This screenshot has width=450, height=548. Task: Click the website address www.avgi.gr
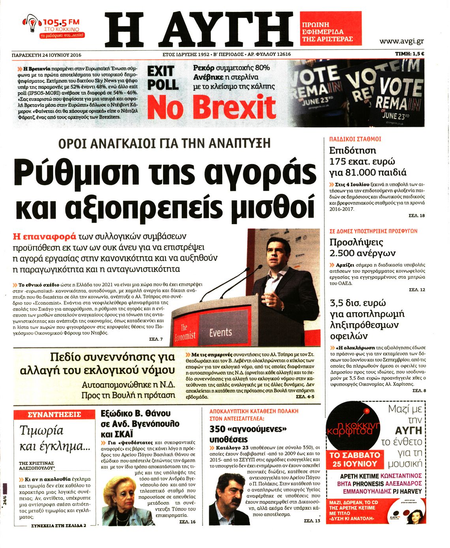pyautogui.click(x=401, y=41)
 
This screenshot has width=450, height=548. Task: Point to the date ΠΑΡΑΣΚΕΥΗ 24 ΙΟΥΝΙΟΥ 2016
pyautogui.click(x=47, y=55)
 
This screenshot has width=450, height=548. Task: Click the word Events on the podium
pyautogui.click(x=220, y=332)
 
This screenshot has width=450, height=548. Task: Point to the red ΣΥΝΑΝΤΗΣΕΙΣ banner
pyautogui.click(x=54, y=414)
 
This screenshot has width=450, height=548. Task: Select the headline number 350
pyautogui.click(x=217, y=429)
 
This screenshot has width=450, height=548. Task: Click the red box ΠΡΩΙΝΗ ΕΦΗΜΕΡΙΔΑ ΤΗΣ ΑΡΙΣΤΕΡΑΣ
pyautogui.click(x=330, y=32)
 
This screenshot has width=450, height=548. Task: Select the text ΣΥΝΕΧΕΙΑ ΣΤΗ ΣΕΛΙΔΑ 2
pyautogui.click(x=58, y=525)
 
